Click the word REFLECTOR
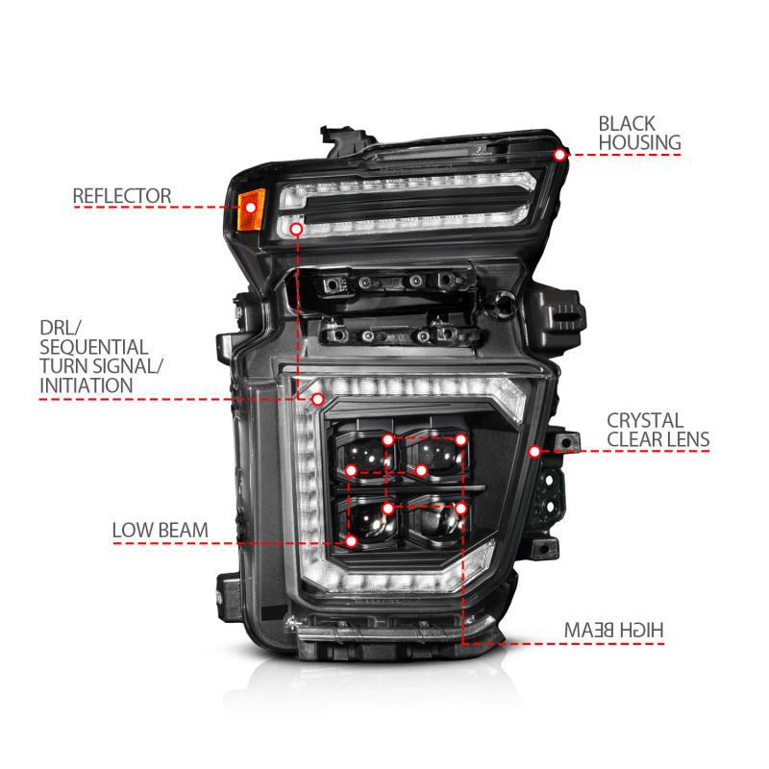[122, 196]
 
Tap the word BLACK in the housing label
[627, 123]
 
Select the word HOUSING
[639, 143]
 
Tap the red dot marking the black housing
[559, 154]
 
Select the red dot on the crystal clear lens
[534, 450]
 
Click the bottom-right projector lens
[437, 521]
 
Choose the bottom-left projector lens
[370, 522]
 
